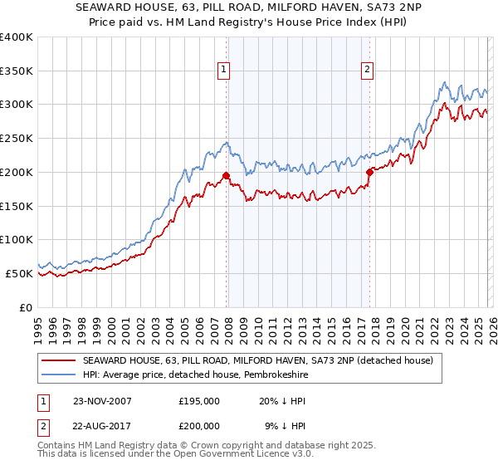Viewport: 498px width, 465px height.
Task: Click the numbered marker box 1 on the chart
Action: [225, 71]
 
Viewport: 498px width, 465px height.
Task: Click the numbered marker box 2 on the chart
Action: [367, 71]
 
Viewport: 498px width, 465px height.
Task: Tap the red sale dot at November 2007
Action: [227, 175]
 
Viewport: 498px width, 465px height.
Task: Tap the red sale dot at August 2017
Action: [369, 172]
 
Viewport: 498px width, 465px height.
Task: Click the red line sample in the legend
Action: [58, 361]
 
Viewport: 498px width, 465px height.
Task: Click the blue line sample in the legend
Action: [58, 375]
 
